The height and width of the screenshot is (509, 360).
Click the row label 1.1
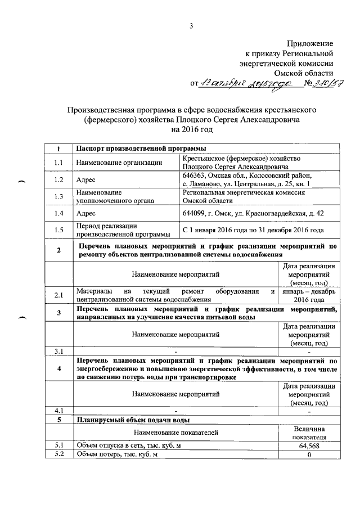[x=58, y=163]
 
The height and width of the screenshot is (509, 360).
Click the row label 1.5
[x=58, y=229]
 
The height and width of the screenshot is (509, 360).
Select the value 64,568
[x=309, y=446]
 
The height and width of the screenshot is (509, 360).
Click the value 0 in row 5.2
[x=309, y=454]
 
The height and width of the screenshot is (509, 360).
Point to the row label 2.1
[x=58, y=295]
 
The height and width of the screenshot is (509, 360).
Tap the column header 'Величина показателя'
[x=309, y=433]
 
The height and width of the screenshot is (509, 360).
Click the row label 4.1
[x=58, y=411]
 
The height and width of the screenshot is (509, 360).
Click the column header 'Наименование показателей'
[x=175, y=433]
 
